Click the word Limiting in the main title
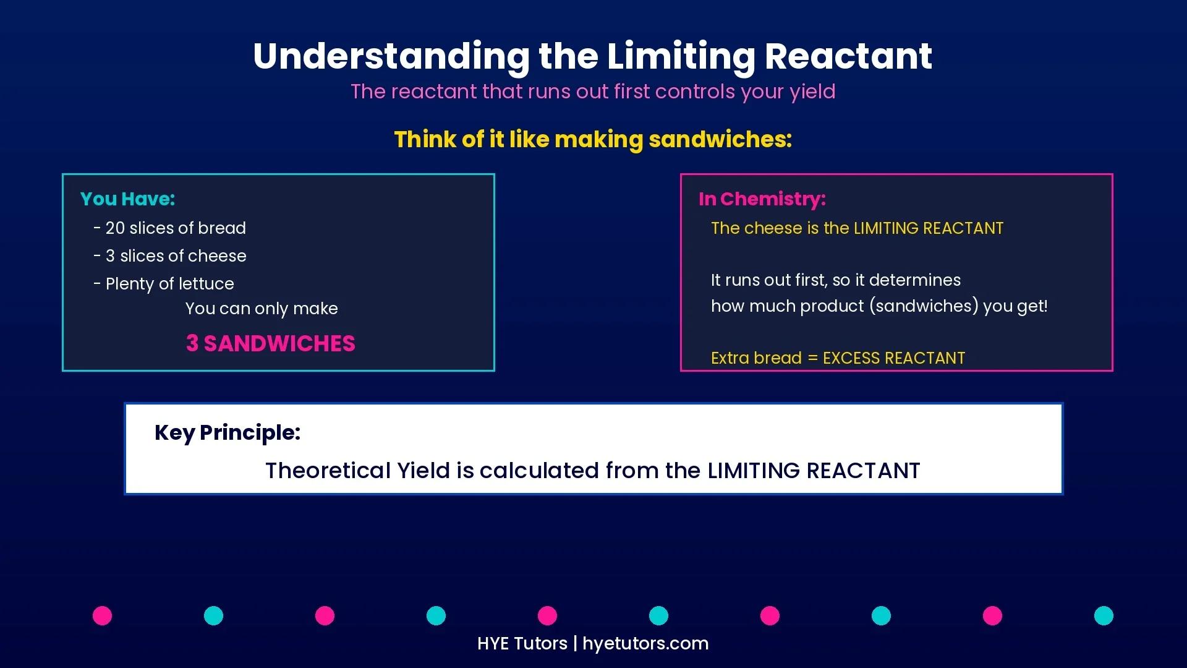click(x=681, y=57)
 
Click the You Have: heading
click(x=127, y=199)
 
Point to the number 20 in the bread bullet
click(x=115, y=228)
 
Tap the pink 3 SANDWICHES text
click(x=271, y=343)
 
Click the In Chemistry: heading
click(x=762, y=199)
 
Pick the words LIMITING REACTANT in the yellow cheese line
click(x=928, y=228)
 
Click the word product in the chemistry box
click(x=832, y=306)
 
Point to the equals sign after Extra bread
click(x=812, y=359)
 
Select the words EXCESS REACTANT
click(x=893, y=358)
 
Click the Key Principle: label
click(x=228, y=432)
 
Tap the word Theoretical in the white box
click(x=328, y=471)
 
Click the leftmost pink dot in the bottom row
click(x=102, y=615)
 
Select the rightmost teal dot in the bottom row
click(x=1104, y=615)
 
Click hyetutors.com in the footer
click(x=645, y=643)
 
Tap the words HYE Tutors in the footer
click(x=522, y=643)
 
